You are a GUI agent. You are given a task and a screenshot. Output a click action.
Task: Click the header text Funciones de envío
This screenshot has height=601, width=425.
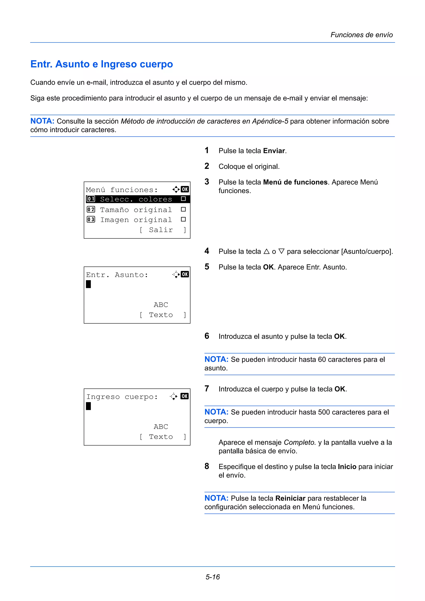361,35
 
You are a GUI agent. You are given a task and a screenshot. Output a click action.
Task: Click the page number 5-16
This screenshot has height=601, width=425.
212,577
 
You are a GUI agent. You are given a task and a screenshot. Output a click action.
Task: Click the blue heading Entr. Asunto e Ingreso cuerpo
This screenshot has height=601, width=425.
102,64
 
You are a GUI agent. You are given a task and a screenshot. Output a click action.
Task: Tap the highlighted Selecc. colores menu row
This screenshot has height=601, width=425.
136,199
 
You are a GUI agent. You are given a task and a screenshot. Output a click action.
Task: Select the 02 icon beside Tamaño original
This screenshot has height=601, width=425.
91,210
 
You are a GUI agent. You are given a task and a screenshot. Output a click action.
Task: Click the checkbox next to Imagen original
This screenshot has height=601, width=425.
183,219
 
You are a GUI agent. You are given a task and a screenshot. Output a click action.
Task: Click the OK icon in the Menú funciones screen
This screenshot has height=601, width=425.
185,189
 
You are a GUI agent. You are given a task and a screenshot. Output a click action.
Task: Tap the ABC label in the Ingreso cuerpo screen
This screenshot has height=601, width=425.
161,427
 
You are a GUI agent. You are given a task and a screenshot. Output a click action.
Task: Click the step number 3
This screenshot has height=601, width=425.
207,182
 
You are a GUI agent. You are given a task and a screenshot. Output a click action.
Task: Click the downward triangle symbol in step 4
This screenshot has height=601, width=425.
281,252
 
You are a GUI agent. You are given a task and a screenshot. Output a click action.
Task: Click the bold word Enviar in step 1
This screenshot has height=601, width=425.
274,151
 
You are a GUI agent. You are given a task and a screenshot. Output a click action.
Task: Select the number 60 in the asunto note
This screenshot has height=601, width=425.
322,360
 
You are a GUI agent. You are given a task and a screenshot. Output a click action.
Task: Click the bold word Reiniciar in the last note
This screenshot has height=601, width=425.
290,498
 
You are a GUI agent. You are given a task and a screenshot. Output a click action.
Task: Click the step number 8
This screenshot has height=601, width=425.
207,466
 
